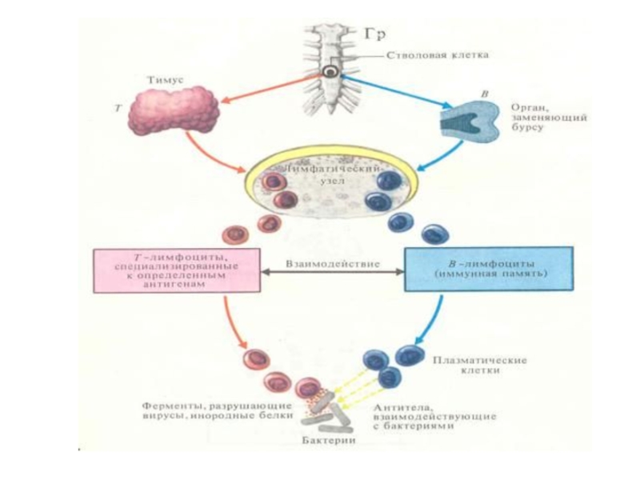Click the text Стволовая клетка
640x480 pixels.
coord(437,55)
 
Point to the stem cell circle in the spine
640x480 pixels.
coord(330,72)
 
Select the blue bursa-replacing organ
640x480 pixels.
coord(471,124)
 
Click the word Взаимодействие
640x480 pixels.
coord(334,262)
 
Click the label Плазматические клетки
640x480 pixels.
coord(479,366)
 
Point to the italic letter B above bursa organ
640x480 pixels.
coord(482,94)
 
